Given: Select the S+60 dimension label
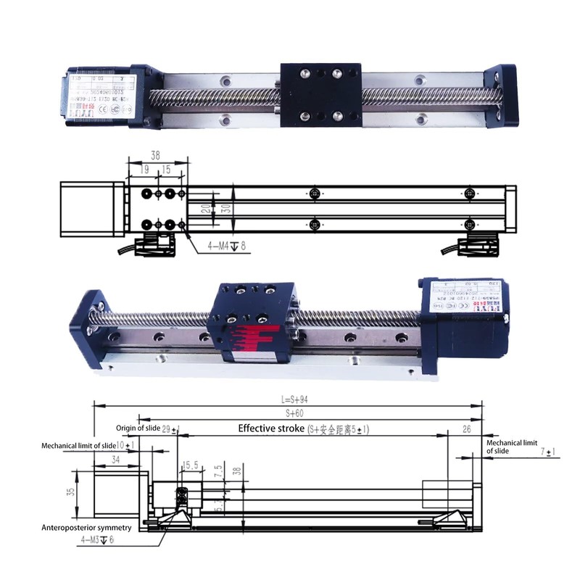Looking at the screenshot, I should click(x=294, y=413).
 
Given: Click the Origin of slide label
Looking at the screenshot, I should click(x=138, y=429).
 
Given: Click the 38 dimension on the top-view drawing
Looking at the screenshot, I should click(x=155, y=154).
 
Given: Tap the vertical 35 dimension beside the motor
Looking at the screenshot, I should click(x=70, y=491).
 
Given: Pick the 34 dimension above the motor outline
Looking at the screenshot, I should click(x=117, y=459).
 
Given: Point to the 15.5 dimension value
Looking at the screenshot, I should click(x=191, y=465).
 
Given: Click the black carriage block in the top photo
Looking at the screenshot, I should click(x=319, y=95).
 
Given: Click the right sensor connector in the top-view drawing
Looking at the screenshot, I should click(x=475, y=246).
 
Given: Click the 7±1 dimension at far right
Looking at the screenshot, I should click(x=550, y=452).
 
